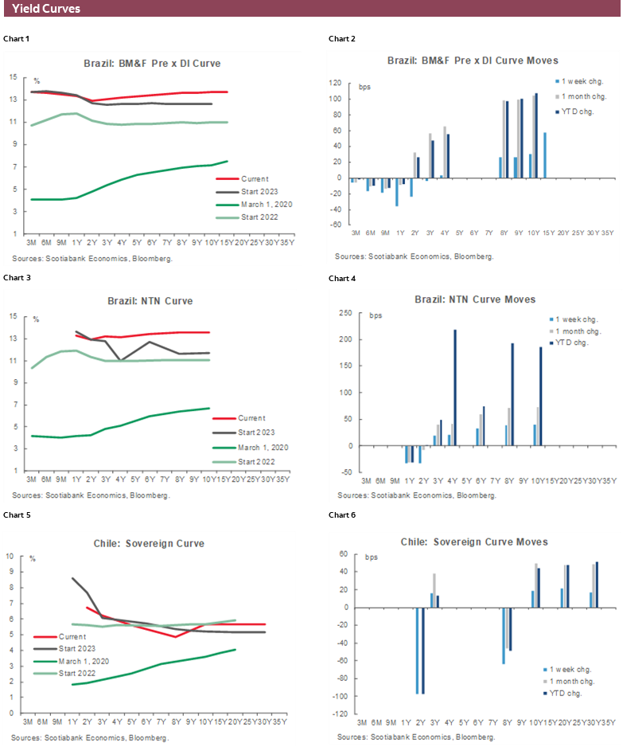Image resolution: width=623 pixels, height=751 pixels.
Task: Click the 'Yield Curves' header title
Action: pos(46,10)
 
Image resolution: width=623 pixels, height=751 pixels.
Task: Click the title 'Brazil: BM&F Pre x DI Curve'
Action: pos(153,63)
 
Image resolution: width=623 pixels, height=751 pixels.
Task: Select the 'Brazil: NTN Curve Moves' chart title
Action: pos(475,299)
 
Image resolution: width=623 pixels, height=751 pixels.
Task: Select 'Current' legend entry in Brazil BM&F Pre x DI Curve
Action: pos(256,179)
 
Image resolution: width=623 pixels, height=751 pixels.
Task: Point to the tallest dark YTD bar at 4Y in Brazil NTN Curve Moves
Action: pos(455,387)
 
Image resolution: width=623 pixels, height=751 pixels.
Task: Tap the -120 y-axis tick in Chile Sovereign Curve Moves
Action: pos(340,714)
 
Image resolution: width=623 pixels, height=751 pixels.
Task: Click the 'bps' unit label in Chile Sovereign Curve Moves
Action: pos(370,556)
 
